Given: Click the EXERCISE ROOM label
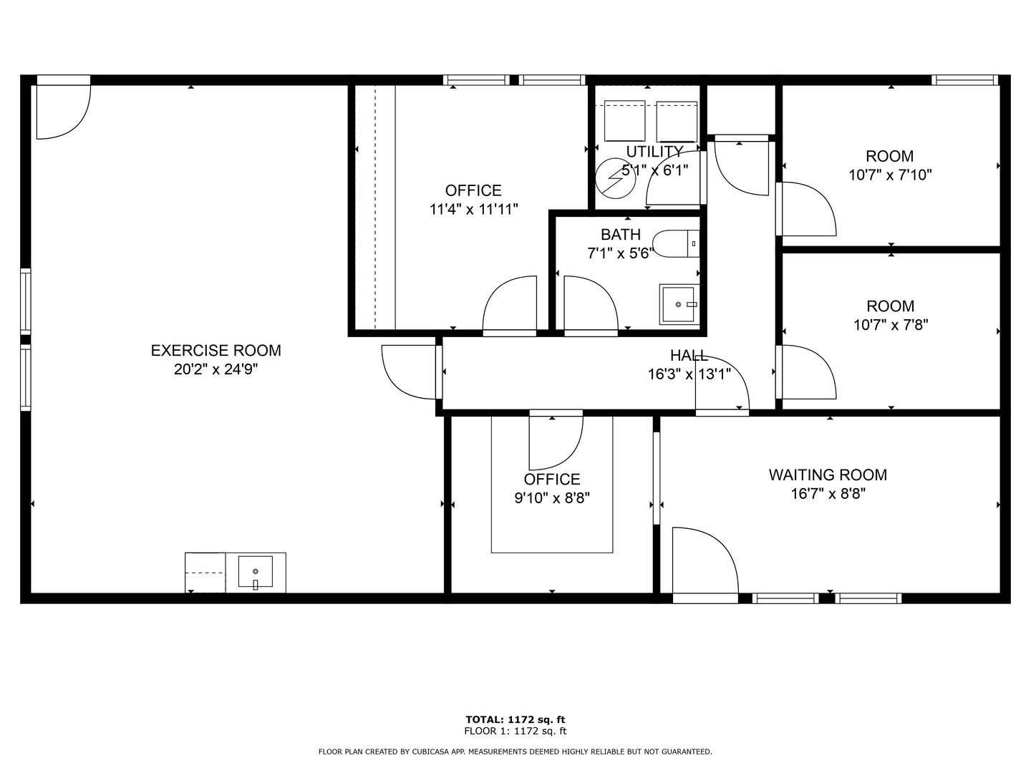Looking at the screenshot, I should click(x=216, y=351).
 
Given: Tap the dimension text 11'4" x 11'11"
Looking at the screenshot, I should click(x=473, y=209).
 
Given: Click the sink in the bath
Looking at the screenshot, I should click(x=678, y=304).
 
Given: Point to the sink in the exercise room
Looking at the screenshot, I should click(x=256, y=573).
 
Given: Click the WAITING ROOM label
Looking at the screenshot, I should click(x=828, y=475).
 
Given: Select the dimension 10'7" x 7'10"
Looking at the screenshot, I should click(x=890, y=175).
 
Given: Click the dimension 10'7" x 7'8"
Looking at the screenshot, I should click(x=891, y=325).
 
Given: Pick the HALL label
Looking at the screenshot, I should click(x=689, y=356).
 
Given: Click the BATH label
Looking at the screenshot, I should click(x=620, y=235).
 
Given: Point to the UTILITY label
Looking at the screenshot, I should click(x=654, y=152).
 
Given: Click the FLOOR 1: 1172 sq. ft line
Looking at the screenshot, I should click(x=515, y=731).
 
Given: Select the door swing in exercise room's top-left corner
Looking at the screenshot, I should click(x=62, y=111).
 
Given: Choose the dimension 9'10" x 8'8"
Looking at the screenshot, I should click(x=552, y=498).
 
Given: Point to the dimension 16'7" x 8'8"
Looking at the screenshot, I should click(x=828, y=494).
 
